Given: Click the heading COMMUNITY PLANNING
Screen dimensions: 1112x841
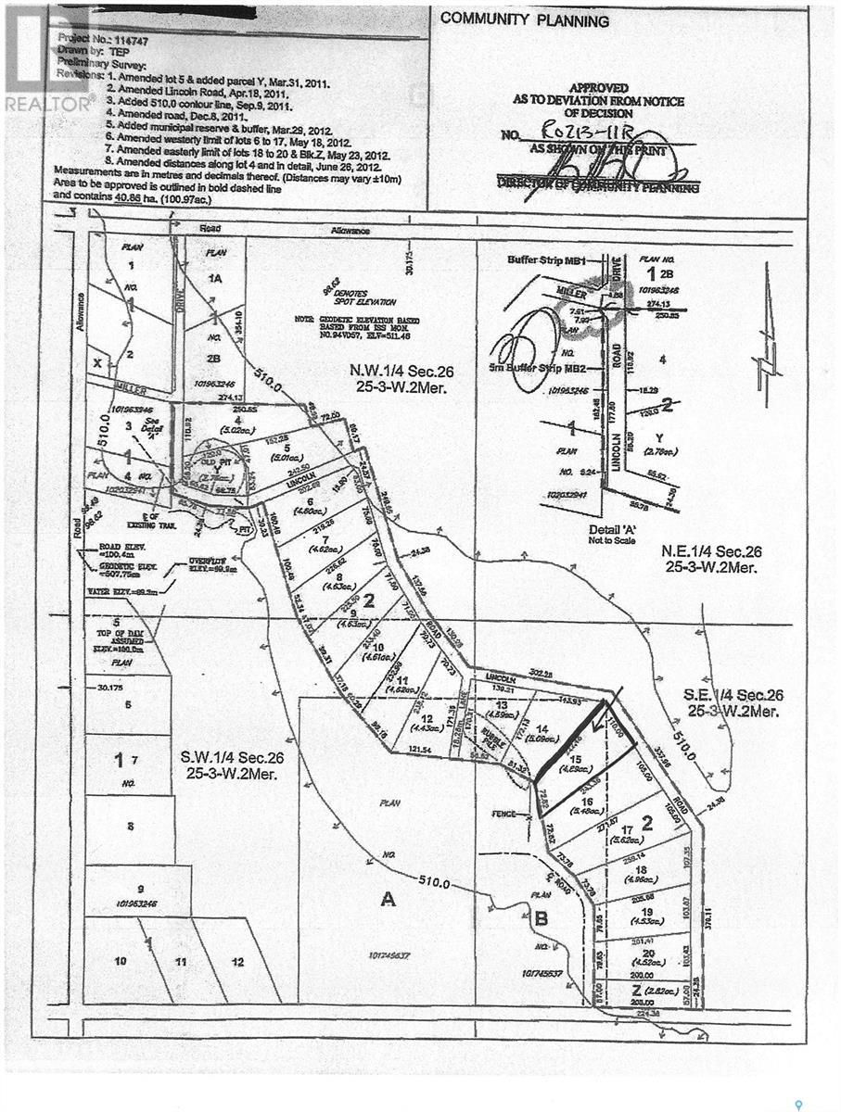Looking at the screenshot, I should point(525,20).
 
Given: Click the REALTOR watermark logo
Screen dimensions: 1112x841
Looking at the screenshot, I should point(46,103).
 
